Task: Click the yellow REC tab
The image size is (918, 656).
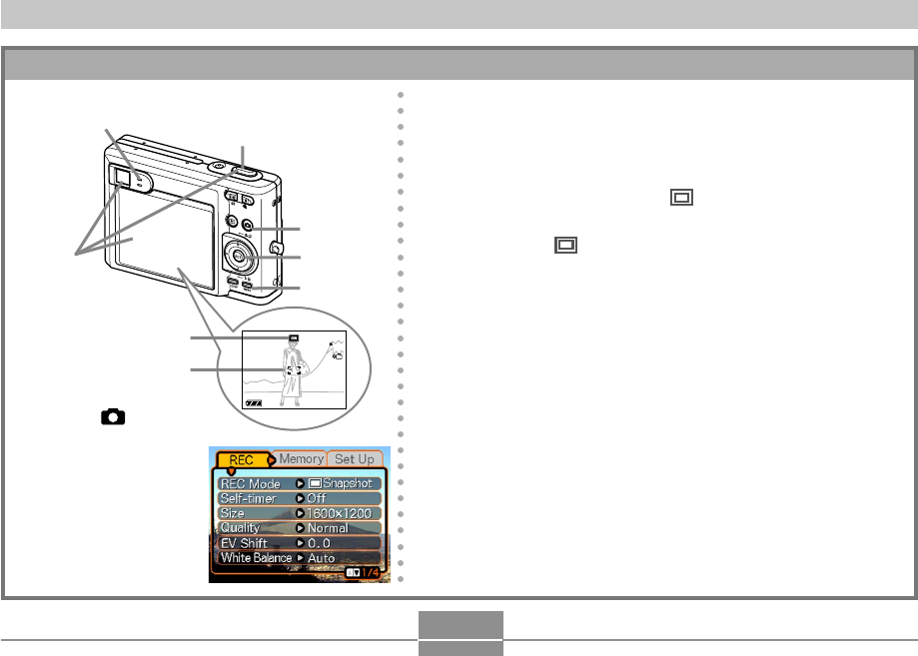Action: click(x=242, y=460)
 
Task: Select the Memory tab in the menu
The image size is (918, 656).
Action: click(x=301, y=458)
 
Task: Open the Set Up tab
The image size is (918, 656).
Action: click(x=355, y=458)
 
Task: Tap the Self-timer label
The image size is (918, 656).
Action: click(x=249, y=498)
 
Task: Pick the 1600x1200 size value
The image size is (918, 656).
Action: click(x=339, y=513)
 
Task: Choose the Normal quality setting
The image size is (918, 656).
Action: click(x=328, y=528)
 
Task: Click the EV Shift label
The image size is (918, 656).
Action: click(x=244, y=543)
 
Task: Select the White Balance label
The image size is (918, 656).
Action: click(x=256, y=558)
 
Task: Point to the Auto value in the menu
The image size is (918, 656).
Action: click(x=321, y=558)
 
